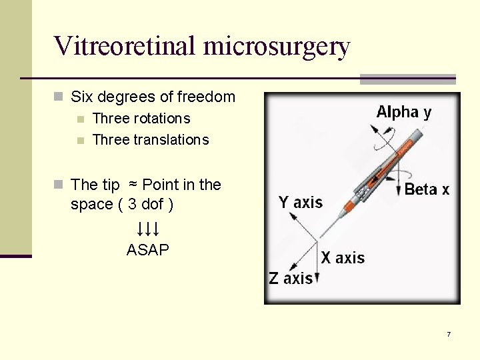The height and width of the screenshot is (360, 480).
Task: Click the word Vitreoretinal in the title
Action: click(x=125, y=46)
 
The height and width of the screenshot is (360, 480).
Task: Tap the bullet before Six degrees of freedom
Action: click(x=59, y=97)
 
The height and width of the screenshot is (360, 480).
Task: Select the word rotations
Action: click(x=161, y=119)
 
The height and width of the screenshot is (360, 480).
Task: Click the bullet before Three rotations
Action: click(x=81, y=119)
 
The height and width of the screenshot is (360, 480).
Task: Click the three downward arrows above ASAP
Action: click(x=147, y=230)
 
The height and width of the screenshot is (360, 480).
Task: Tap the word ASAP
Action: click(x=148, y=251)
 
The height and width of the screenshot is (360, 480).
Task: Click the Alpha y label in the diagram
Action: click(x=403, y=112)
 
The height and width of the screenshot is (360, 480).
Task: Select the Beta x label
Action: click(x=427, y=189)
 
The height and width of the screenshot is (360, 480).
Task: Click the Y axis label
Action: click(x=300, y=202)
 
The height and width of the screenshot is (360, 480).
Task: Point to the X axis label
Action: click(x=343, y=258)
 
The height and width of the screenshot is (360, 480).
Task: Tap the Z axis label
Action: click(x=291, y=279)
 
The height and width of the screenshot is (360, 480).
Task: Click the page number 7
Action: click(x=449, y=334)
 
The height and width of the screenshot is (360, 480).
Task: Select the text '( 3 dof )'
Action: click(x=145, y=205)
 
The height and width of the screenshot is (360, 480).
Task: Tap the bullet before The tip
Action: click(x=59, y=185)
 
